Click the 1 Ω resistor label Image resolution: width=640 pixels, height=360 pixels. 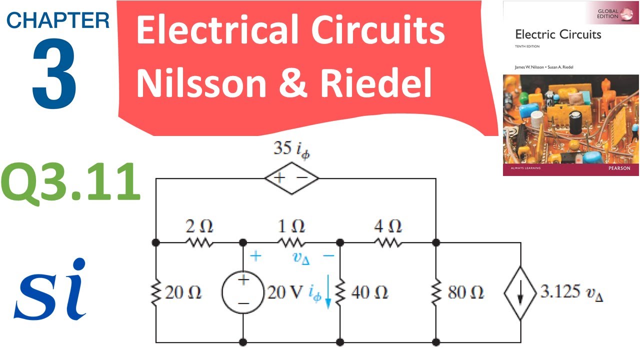[292, 226]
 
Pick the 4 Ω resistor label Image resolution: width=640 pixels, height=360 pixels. [388, 226]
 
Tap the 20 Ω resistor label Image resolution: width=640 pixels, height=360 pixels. [183, 292]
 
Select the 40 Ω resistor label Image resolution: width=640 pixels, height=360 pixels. [369, 292]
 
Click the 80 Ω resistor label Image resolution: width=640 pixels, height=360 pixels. [465, 292]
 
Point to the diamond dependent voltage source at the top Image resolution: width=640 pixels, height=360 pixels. [291, 178]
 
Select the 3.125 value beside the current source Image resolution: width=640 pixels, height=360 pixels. [559, 291]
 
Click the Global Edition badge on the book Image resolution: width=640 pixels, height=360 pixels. [614, 14]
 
